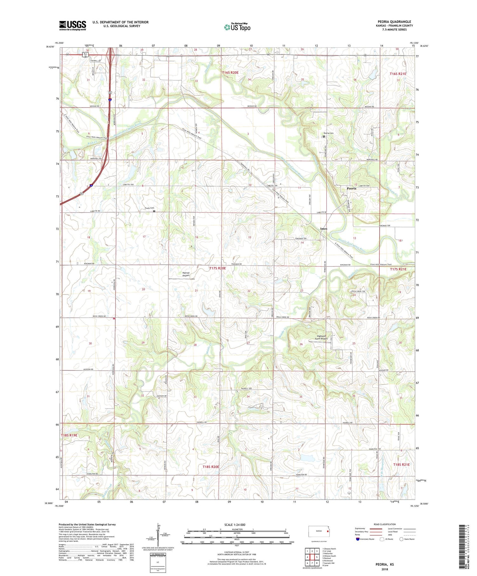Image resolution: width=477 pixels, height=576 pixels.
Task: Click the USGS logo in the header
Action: tap(73, 25)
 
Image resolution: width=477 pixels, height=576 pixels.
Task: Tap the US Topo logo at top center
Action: tap(237, 27)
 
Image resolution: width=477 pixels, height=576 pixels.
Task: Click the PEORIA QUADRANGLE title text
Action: tap(394, 22)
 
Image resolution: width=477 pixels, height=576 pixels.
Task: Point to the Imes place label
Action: tap(324, 229)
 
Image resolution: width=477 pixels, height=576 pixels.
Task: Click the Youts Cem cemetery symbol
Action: tap(154, 211)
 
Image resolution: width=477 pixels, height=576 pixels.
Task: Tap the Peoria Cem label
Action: tap(328, 133)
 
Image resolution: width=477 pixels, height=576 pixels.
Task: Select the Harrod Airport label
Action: tap(186, 274)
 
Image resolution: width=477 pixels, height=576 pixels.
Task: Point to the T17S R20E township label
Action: tap(218, 268)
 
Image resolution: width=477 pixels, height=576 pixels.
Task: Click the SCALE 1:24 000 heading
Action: tap(235, 525)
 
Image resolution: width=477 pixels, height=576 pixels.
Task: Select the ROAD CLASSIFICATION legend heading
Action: tap(385, 524)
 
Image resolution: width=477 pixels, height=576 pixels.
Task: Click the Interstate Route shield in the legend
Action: tap(357, 539)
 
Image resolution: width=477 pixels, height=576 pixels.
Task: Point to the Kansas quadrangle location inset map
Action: tap(319, 532)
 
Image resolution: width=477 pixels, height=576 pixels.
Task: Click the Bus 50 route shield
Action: tap(85, 55)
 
